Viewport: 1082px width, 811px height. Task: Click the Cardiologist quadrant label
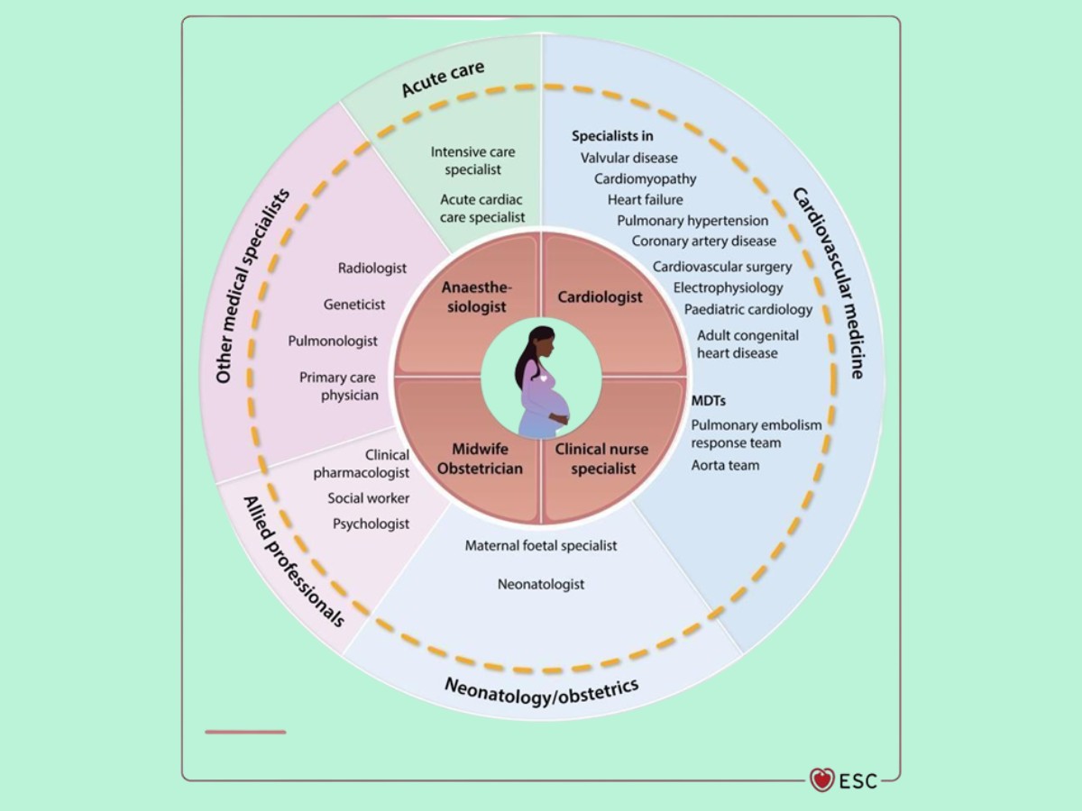(x=600, y=296)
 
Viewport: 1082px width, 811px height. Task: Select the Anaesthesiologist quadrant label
(x=475, y=297)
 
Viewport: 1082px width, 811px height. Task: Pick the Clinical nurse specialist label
(x=601, y=458)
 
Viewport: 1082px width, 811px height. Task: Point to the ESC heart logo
(x=821, y=779)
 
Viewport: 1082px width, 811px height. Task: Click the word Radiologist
(x=372, y=268)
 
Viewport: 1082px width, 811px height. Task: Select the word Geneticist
(x=354, y=305)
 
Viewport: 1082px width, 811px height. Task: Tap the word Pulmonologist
(x=333, y=341)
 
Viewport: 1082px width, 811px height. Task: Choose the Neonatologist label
(x=541, y=584)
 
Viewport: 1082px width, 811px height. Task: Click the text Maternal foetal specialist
(x=541, y=545)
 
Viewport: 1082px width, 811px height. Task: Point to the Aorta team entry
(x=725, y=465)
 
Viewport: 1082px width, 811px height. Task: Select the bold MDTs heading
(x=708, y=399)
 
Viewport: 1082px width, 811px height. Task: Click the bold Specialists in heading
(x=612, y=136)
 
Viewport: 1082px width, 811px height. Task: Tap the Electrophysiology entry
(x=729, y=288)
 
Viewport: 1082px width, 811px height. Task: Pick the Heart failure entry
(x=645, y=199)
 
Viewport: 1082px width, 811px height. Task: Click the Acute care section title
(x=443, y=79)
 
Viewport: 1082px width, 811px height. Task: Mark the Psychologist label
(x=371, y=524)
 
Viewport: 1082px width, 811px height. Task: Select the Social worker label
(x=368, y=498)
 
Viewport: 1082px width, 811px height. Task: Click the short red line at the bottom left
(x=245, y=732)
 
